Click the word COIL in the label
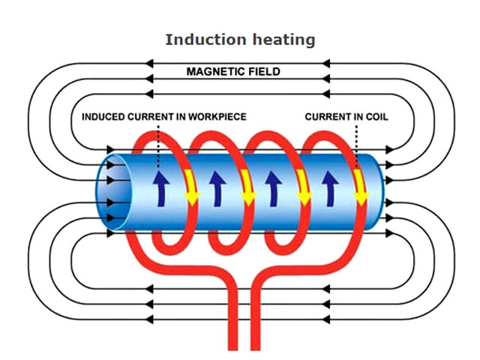click(x=375, y=116)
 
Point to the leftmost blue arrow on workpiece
click(x=159, y=188)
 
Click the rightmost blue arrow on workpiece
click(x=328, y=188)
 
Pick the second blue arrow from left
click(x=217, y=188)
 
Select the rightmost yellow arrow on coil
click(x=361, y=189)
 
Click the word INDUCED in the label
click(x=104, y=116)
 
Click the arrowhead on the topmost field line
click(x=149, y=61)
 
